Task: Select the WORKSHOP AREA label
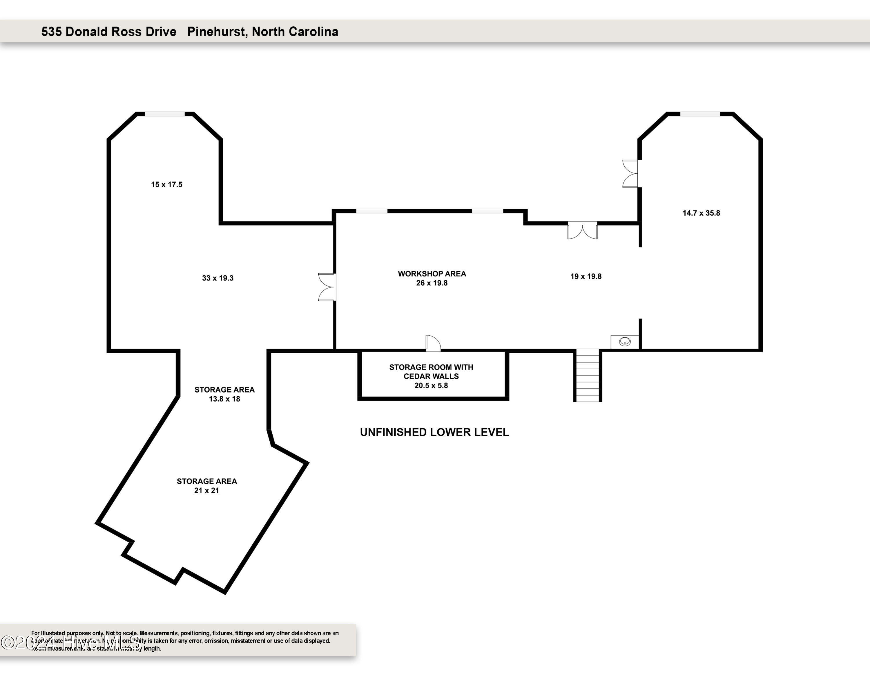pos(432,274)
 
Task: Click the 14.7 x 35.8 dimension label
pos(701,213)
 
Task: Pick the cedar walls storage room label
pos(431,376)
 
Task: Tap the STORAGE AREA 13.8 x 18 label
pos(224,394)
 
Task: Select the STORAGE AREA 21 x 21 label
pos(207,486)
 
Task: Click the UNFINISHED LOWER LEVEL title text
pos(434,432)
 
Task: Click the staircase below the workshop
pos(588,376)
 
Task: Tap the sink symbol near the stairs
pos(625,342)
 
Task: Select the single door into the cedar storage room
pos(433,343)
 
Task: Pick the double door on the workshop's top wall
pos(582,231)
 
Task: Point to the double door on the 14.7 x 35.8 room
pos(630,173)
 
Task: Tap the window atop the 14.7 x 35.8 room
pos(700,114)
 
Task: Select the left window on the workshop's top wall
pos(371,211)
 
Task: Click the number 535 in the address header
pos(51,31)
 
